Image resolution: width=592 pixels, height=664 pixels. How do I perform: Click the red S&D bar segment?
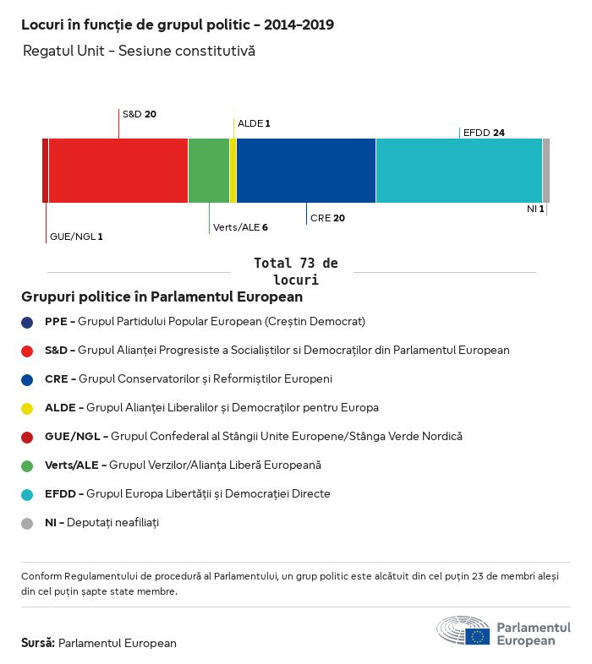(118, 171)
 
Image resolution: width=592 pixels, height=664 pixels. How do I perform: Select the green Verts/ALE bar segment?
(208, 171)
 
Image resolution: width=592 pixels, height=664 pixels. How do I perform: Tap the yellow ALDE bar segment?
(233, 171)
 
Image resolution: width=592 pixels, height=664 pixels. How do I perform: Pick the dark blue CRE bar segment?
(306, 171)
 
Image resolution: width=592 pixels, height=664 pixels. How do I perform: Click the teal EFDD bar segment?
(459, 171)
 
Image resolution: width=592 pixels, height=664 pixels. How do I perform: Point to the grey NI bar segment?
(546, 171)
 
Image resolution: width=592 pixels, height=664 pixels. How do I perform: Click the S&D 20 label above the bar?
(140, 113)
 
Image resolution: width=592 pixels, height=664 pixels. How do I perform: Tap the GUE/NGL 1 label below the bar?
(76, 237)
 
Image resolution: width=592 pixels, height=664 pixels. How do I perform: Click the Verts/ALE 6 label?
(240, 227)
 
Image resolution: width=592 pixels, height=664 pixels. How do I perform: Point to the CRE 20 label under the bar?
(327, 218)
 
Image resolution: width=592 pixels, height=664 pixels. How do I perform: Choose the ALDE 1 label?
(254, 123)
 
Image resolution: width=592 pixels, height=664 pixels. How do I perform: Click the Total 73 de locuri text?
(295, 271)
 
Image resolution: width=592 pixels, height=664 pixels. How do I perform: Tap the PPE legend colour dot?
(27, 322)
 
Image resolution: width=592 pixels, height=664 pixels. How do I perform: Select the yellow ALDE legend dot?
(27, 408)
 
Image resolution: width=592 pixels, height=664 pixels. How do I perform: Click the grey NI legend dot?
(27, 523)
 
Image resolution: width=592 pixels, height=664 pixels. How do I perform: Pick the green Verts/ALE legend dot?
(27, 465)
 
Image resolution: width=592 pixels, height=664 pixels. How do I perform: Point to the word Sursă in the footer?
(38, 643)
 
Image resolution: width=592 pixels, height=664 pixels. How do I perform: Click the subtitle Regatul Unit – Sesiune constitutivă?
(139, 52)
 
